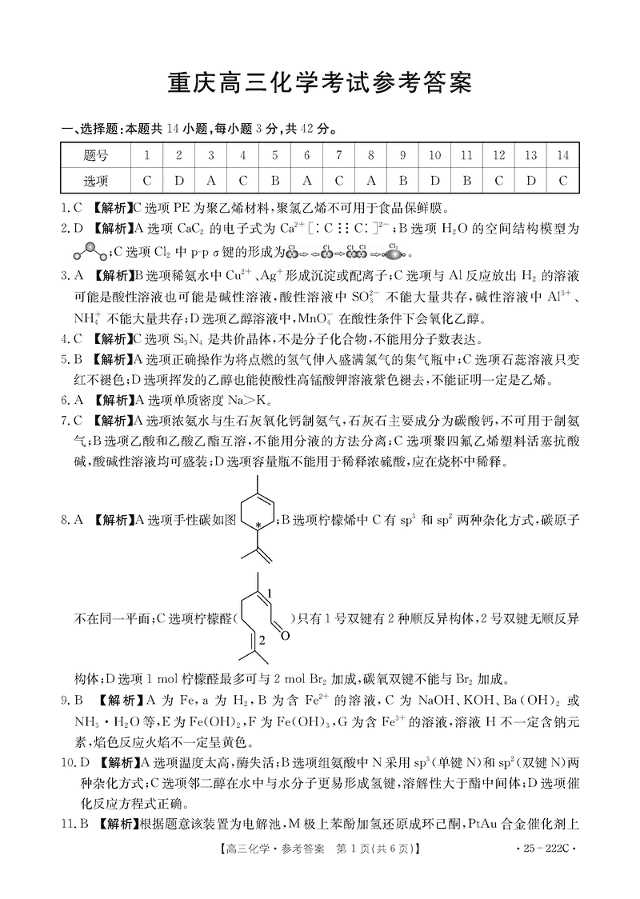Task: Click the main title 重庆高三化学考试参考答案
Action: tap(320, 82)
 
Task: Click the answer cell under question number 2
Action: tap(178, 180)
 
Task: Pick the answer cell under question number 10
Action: tap(435, 180)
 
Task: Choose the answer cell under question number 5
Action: tap(274, 180)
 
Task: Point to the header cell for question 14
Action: tap(563, 155)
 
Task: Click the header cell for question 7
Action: tap(339, 155)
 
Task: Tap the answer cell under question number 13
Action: tap(531, 180)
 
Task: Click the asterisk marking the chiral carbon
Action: tap(258, 525)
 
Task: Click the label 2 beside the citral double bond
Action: tap(261, 640)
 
